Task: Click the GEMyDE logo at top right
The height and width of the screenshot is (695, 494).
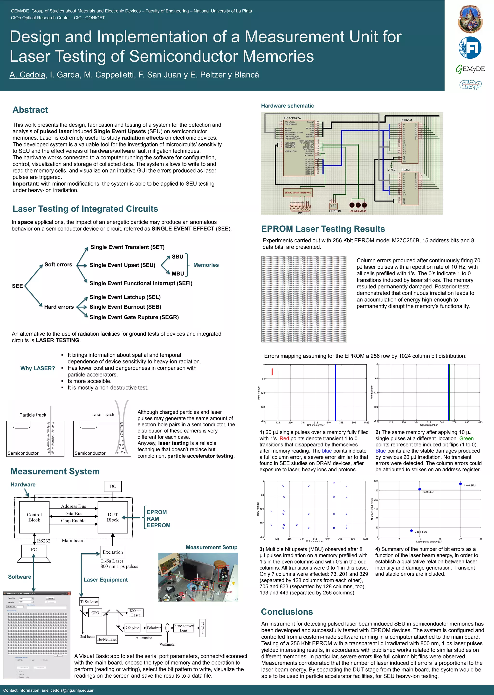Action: click(470, 69)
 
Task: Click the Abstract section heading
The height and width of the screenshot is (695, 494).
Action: click(30, 110)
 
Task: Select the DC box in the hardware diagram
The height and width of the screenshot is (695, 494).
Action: click(113, 486)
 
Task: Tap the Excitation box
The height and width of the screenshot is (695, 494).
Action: click(113, 552)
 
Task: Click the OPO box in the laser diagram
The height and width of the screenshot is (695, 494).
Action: click(95, 612)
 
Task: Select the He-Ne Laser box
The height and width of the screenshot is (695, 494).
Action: click(107, 639)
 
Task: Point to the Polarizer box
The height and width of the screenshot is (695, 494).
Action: click(154, 628)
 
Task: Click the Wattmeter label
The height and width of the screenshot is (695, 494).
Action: click(168, 644)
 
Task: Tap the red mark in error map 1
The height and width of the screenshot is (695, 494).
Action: click(272, 372)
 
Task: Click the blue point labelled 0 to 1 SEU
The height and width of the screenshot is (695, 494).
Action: click(412, 531)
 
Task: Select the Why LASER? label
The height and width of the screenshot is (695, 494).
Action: click(38, 368)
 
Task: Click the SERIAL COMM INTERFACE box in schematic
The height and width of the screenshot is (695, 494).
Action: click(298, 193)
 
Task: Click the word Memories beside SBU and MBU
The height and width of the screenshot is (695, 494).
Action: click(206, 265)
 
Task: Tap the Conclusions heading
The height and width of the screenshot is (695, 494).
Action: click(287, 612)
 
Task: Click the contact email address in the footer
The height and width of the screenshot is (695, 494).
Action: click(67, 690)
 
